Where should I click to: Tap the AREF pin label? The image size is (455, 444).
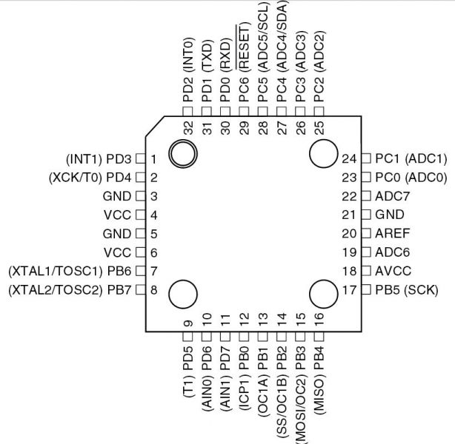(x=392, y=233)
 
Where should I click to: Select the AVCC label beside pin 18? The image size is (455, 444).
(x=393, y=271)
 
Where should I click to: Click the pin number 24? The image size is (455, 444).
(x=349, y=159)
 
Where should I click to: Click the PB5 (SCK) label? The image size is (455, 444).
(x=407, y=290)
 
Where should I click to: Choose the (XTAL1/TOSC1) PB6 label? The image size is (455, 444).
(x=70, y=272)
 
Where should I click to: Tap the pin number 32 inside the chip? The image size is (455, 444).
(x=189, y=128)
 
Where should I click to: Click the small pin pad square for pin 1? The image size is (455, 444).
(x=141, y=159)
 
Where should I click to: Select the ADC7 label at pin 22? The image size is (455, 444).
(x=392, y=197)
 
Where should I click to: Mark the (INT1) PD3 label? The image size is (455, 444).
(x=99, y=159)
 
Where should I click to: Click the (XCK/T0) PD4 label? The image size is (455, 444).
(x=90, y=178)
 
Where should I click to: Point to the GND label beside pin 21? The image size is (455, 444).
(x=390, y=215)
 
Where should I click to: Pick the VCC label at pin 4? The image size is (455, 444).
(x=118, y=215)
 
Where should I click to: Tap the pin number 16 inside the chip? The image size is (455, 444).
(x=319, y=319)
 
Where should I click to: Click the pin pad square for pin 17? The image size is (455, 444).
(x=366, y=289)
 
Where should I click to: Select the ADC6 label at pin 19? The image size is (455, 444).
(x=392, y=252)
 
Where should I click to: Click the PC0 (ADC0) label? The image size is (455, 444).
(x=411, y=178)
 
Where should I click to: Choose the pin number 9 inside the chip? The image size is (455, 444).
(x=189, y=323)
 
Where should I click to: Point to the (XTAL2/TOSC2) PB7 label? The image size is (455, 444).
(x=70, y=290)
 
